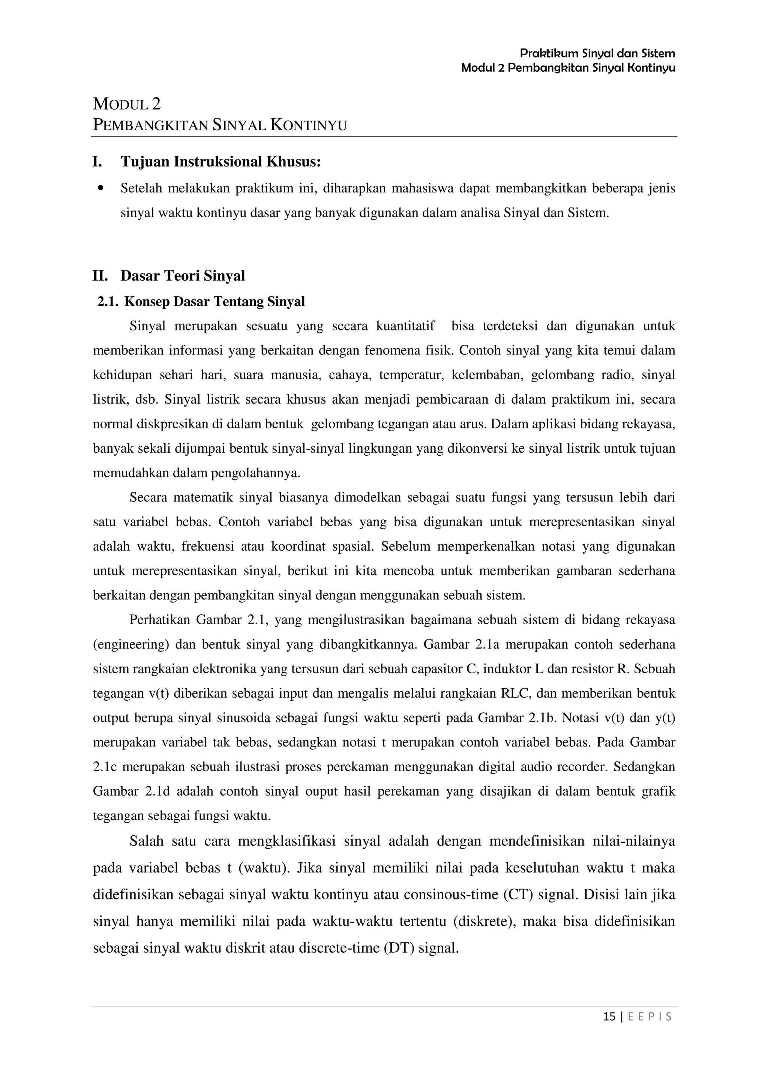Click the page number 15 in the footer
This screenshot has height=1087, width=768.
coord(609,1016)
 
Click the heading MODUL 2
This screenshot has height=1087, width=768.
coord(126,104)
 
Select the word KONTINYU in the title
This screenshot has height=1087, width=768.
coord(309,125)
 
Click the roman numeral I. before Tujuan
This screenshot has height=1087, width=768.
coord(97,162)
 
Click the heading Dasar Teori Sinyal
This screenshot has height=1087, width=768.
coord(183,276)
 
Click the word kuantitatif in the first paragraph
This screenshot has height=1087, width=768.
coord(405,326)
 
